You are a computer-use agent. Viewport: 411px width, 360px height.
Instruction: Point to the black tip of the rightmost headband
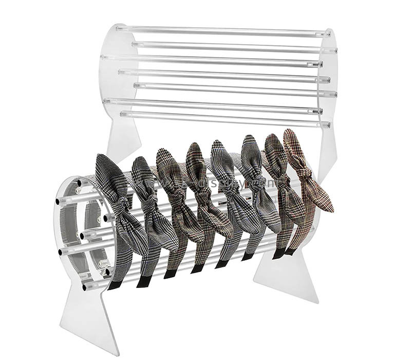[290, 251]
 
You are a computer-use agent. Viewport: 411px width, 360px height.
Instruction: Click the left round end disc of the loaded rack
[69, 226]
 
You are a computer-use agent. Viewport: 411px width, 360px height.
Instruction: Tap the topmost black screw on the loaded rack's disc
[80, 183]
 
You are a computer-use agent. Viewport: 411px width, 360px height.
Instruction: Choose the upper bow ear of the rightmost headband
[293, 144]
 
